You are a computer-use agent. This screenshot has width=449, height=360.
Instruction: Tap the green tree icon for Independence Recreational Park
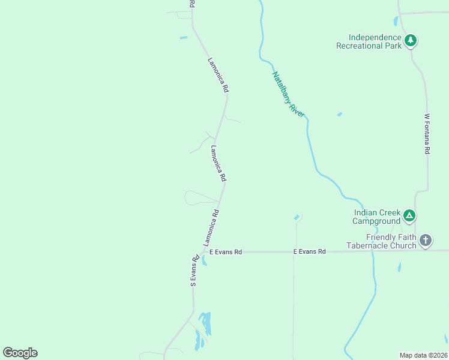coord(411,41)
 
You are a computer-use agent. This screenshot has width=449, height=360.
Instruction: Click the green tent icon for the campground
coord(409,215)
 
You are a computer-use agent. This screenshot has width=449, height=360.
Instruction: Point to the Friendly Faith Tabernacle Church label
coord(381,241)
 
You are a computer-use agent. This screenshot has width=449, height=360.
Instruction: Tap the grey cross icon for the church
coord(426,241)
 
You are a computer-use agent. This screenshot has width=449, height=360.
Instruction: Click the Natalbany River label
coord(289,94)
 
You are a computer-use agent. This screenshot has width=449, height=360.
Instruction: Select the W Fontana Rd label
coord(427,134)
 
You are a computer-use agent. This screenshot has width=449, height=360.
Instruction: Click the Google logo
coord(20,353)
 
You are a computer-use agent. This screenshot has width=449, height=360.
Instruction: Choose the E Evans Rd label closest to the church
coord(309,251)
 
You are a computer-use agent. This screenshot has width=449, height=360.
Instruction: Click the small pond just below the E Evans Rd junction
coord(203,261)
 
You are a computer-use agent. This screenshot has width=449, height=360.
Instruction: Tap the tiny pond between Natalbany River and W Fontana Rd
coord(340,114)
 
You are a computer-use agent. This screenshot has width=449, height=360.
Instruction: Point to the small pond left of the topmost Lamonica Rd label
coord(183,38)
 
